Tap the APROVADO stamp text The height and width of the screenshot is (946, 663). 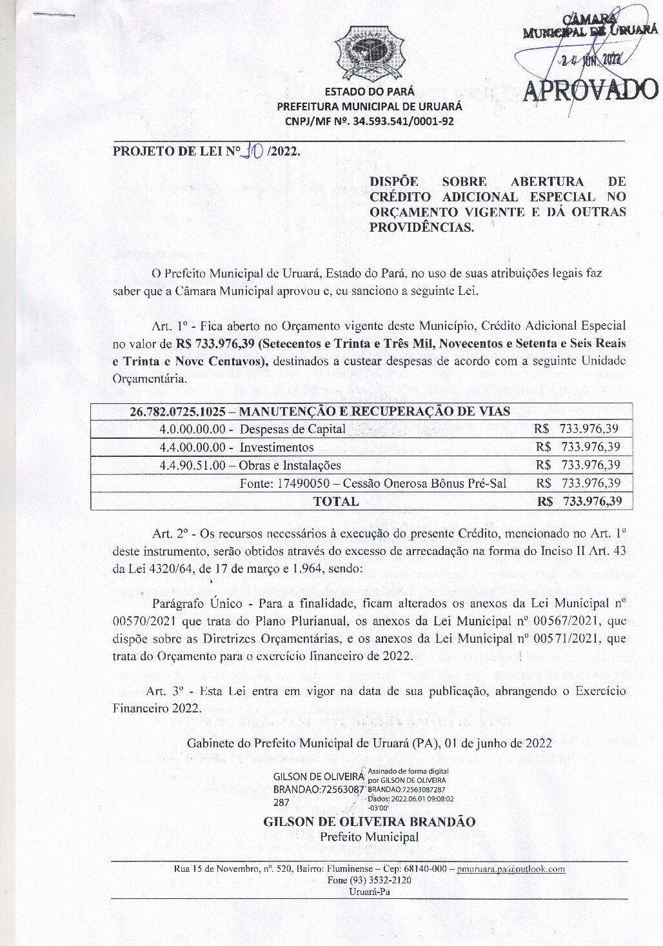[589, 90]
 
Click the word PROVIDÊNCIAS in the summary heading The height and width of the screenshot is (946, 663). [421, 227]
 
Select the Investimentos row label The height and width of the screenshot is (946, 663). [277, 447]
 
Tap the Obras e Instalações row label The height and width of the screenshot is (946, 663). [290, 465]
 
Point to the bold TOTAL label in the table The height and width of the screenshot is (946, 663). [335, 501]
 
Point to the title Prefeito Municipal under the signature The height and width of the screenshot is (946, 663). [370, 837]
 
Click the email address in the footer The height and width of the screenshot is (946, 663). [511, 869]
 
